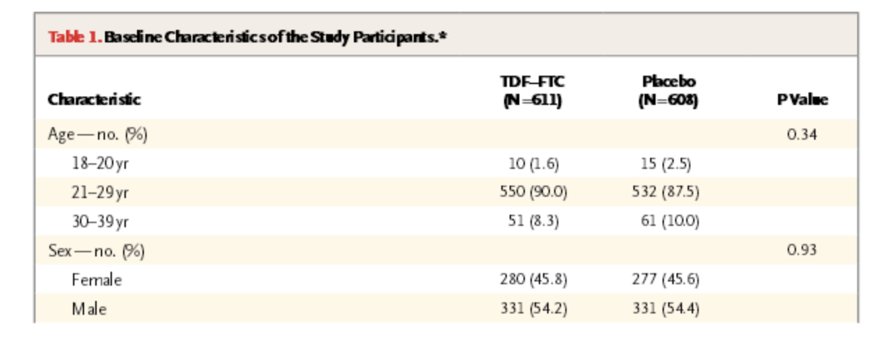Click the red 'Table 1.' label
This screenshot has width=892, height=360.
pyautogui.click(x=75, y=36)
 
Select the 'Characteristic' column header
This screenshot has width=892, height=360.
pyautogui.click(x=94, y=99)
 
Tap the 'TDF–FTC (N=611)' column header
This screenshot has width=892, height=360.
pyautogui.click(x=533, y=92)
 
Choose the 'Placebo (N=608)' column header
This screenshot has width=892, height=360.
pyautogui.click(x=668, y=92)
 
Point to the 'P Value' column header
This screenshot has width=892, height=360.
pyautogui.click(x=802, y=99)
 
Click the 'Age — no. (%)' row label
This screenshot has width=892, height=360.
pyautogui.click(x=97, y=134)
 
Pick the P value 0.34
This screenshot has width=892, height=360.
pyautogui.click(x=802, y=134)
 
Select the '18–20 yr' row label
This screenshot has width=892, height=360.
pyautogui.click(x=100, y=164)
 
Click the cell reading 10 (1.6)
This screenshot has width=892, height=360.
pyautogui.click(x=533, y=164)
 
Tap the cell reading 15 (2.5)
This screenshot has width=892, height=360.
pyautogui.click(x=665, y=164)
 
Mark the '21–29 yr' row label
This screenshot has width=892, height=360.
pyautogui.click(x=100, y=193)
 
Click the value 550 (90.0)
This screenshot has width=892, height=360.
pyautogui.click(x=533, y=193)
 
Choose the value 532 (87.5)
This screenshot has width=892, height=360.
pyautogui.click(x=665, y=193)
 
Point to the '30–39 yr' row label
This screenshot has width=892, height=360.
pyautogui.click(x=100, y=222)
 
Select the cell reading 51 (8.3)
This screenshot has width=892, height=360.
pyautogui.click(x=533, y=222)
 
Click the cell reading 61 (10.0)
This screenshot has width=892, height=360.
pyautogui.click(x=670, y=222)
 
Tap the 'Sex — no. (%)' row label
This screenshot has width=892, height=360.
pyautogui.click(x=96, y=250)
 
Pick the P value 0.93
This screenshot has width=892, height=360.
pyautogui.click(x=802, y=250)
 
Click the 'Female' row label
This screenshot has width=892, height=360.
pyautogui.click(x=96, y=279)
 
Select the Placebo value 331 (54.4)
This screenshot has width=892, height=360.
pyautogui.click(x=665, y=308)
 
